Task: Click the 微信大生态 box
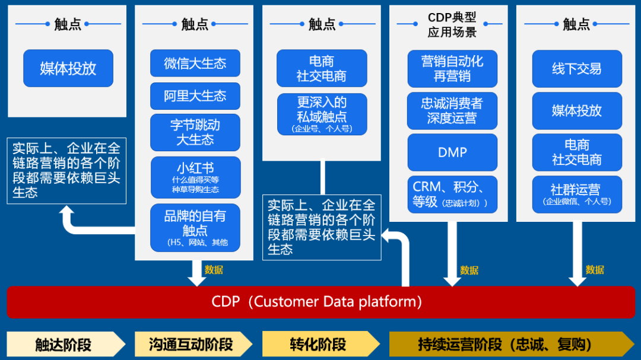coord(195,63)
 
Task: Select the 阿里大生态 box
coord(195,95)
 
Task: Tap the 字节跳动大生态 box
coord(195,132)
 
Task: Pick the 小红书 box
coord(195,177)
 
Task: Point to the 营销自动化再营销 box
coord(452,68)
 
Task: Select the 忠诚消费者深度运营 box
coord(452,110)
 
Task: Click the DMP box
coord(452,152)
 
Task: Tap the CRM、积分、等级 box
coord(452,194)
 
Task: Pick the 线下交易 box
coord(576,68)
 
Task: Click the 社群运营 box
coord(576,194)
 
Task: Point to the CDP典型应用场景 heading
coord(452,25)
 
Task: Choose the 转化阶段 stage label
coord(318,345)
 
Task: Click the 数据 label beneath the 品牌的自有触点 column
coord(214,270)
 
